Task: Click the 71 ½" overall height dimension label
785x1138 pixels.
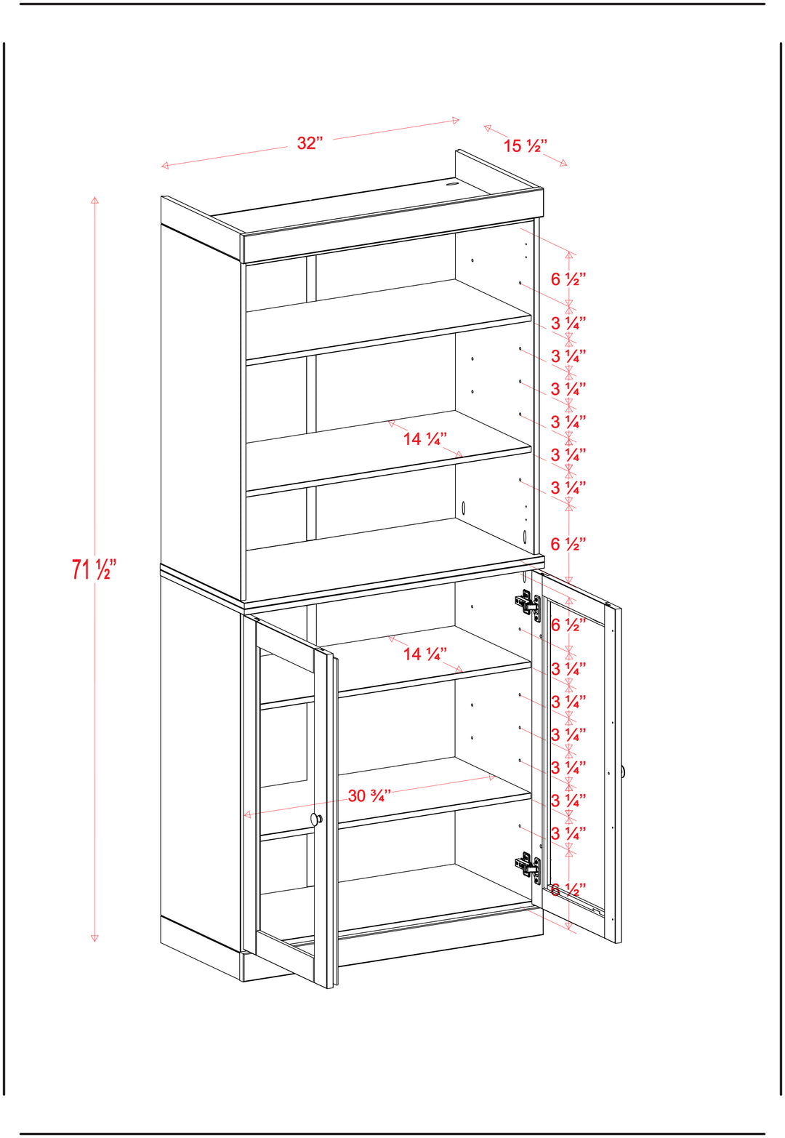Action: [94, 569]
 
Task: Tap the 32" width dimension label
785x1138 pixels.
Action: [310, 143]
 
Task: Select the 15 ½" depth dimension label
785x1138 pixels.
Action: [526, 146]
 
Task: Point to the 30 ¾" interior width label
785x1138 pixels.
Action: [369, 796]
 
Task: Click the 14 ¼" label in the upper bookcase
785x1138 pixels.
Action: [425, 438]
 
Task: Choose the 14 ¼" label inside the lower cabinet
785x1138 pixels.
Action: [425, 654]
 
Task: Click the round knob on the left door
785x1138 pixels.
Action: [316, 819]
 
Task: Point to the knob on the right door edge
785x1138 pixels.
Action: [622, 772]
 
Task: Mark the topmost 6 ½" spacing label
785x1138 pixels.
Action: [568, 279]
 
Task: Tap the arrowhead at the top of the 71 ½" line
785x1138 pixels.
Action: [94, 200]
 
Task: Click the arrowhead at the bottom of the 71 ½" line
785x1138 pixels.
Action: [94, 938]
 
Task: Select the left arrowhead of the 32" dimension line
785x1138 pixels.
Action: [164, 165]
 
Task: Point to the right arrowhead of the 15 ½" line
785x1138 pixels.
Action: [563, 164]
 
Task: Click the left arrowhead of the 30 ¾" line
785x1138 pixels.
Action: [247, 814]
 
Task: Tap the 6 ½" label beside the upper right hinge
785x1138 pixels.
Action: [568, 625]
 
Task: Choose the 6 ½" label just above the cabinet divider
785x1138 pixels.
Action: [568, 544]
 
